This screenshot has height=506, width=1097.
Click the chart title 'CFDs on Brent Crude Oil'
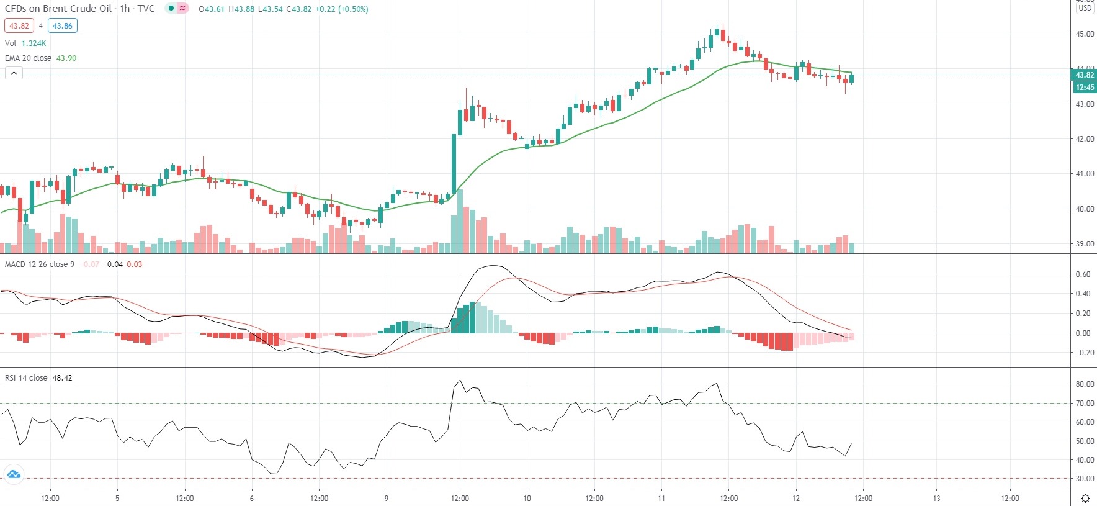point(58,9)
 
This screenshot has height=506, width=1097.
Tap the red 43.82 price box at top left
point(19,26)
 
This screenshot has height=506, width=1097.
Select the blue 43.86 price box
point(62,26)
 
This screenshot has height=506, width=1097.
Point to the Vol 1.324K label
point(25,43)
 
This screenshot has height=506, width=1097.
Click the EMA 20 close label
point(29,58)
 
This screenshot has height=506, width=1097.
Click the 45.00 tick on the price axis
point(1085,34)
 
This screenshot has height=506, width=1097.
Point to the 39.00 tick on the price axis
point(1085,244)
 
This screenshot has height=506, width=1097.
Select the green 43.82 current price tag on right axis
point(1085,75)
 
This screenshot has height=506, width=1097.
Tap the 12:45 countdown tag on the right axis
point(1085,88)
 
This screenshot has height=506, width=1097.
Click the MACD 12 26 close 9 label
point(40,264)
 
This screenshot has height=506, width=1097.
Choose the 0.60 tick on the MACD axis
point(1083,274)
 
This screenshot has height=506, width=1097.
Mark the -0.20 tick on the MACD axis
point(1082,353)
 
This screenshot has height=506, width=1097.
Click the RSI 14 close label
point(26,378)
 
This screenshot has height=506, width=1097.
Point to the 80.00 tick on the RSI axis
point(1085,384)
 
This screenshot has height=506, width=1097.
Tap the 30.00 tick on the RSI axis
point(1085,479)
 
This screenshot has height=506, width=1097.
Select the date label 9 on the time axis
point(386,498)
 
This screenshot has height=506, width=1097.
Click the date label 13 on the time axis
point(936,498)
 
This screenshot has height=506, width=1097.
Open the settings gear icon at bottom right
point(1085,498)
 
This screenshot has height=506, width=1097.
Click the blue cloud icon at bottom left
point(14,475)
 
